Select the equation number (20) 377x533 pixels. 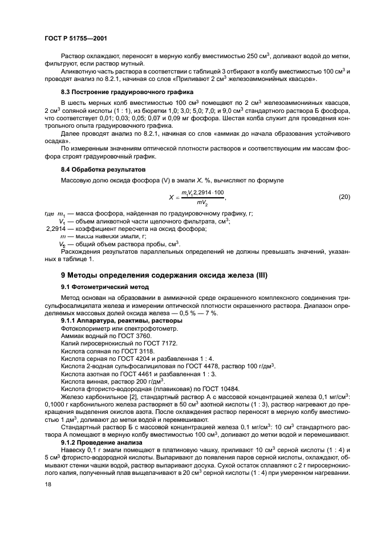point(344,197)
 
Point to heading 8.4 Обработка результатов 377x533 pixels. point(104,170)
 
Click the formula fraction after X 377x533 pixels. point(202,197)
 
